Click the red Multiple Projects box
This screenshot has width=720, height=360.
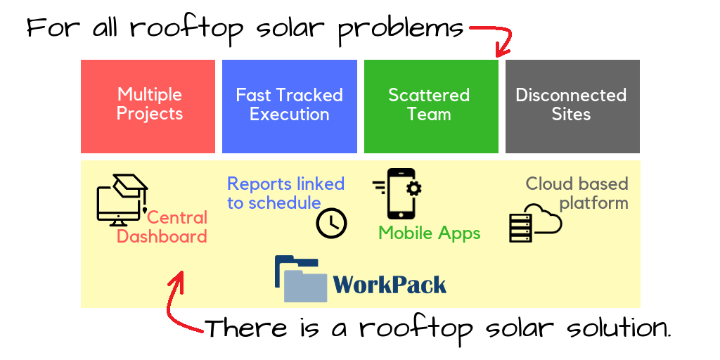[148, 106]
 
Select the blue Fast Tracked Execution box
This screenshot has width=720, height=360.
[289, 106]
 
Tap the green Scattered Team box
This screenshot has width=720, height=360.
[431, 106]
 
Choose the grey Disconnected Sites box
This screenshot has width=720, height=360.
[572, 106]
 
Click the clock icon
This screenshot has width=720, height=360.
[332, 223]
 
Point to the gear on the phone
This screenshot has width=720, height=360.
[414, 188]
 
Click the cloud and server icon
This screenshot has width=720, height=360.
[535, 222]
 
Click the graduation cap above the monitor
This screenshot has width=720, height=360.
[131, 186]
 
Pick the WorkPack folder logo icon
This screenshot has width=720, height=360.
[301, 278]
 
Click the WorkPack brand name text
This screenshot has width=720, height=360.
[390, 284]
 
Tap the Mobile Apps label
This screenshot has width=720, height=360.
[430, 233]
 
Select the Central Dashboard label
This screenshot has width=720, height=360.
[162, 227]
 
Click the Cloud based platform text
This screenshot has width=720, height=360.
[577, 193]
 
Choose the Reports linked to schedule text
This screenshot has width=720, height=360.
[285, 193]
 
